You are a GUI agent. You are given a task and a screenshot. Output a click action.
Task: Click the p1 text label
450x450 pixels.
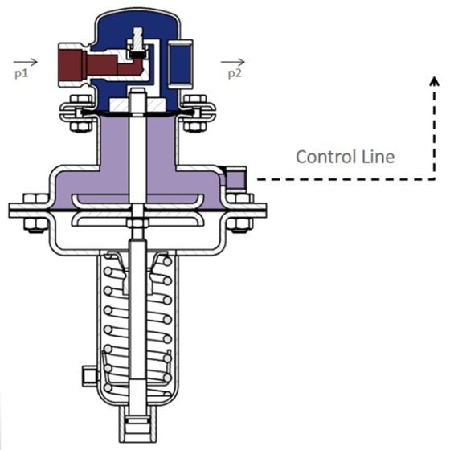21,73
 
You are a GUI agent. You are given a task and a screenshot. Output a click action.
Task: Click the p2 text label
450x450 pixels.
234,73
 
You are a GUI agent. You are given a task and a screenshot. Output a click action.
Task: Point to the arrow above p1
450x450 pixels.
25,61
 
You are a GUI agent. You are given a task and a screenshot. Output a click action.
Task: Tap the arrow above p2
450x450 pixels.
234,61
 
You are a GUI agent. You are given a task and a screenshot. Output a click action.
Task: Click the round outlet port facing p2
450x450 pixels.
181,59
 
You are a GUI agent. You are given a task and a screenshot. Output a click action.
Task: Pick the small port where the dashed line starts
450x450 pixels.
238,178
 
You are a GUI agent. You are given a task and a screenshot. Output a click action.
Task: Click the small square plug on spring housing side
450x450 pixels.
87,374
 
